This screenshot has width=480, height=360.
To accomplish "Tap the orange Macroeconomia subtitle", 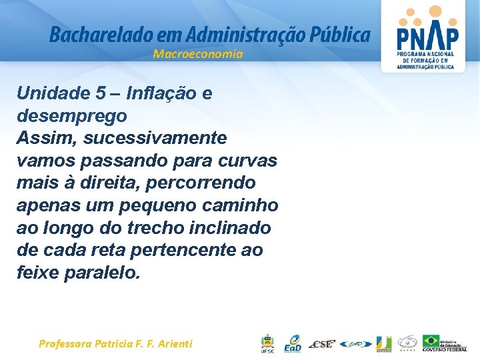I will [x=198, y=54].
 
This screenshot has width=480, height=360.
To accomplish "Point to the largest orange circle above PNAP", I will [x=435, y=11].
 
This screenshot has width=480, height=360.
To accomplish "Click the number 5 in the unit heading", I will [x=100, y=93].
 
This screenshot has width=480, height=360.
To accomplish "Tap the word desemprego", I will [x=71, y=116].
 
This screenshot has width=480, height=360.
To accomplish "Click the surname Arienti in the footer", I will [x=171, y=344].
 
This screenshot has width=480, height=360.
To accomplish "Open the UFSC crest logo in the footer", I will [x=267, y=344].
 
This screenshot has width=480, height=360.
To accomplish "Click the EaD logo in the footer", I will [x=292, y=343].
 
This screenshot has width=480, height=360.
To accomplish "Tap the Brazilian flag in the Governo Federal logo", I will [x=431, y=341].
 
